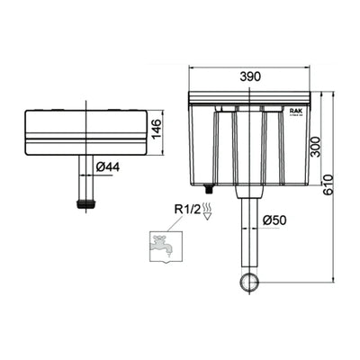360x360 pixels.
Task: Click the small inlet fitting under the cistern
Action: pos(209,190)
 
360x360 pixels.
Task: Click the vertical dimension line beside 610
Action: pos(333,189)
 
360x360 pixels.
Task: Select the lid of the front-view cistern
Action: pos(249,96)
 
